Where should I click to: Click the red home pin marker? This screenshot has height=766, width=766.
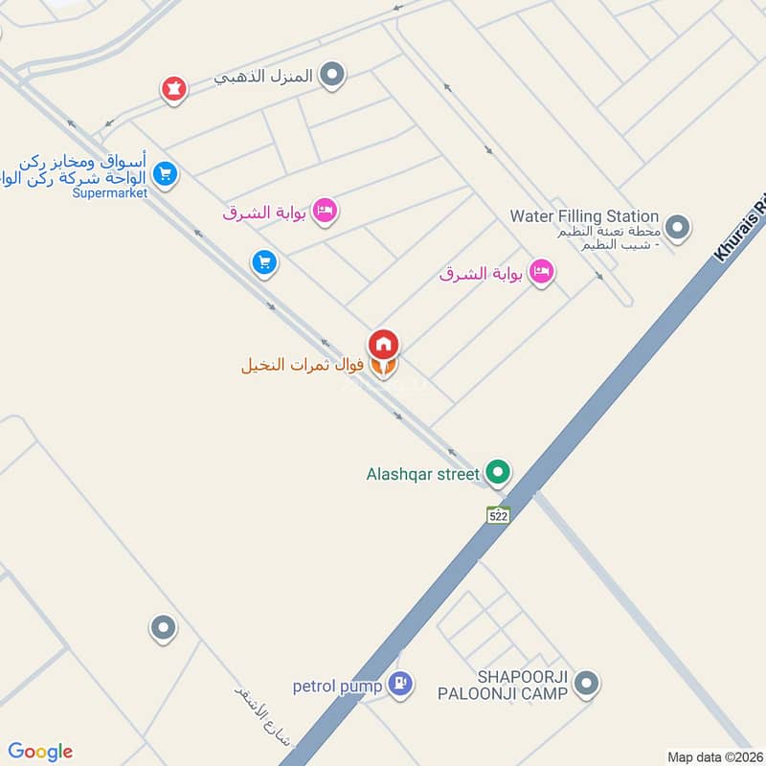pyautogui.click(x=383, y=344)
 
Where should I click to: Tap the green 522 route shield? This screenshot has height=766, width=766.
pyautogui.click(x=498, y=514)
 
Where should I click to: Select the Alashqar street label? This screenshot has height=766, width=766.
pyautogui.click(x=422, y=473)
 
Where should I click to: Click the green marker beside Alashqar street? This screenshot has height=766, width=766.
pyautogui.click(x=497, y=472)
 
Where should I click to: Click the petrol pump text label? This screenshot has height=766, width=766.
pyautogui.click(x=338, y=686)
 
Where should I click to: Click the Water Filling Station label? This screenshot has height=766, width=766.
pyautogui.click(x=584, y=216)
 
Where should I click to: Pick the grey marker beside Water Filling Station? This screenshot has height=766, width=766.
pyautogui.click(x=678, y=228)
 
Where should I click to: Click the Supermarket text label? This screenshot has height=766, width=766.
pyautogui.click(x=109, y=192)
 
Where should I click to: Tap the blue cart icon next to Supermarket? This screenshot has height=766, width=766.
pyautogui.click(x=165, y=174)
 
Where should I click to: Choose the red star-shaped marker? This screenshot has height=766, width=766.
pyautogui.click(x=173, y=89)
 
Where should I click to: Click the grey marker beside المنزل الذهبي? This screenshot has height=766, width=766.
pyautogui.click(x=331, y=75)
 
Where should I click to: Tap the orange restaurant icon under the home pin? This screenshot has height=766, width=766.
pyautogui.click(x=383, y=367)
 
